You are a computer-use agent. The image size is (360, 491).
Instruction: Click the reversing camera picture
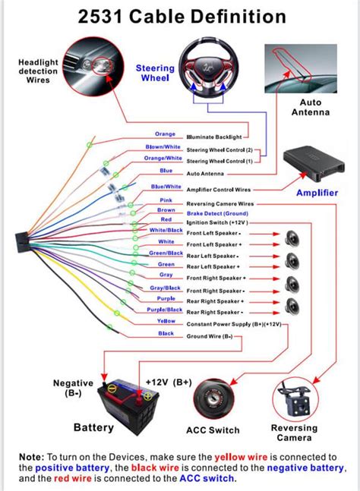pyautogui.click(x=295, y=394)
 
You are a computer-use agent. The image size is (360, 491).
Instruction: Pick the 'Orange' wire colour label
pyautogui.click(x=166, y=134)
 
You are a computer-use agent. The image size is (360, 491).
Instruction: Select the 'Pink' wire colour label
pyautogui.click(x=166, y=200)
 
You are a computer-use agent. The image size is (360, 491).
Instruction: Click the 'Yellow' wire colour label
pyautogui.click(x=166, y=321)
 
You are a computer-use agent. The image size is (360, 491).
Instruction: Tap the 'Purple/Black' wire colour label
pyautogui.click(x=165, y=310)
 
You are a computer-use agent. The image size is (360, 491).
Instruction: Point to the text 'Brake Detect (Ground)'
pyautogui.click(x=217, y=214)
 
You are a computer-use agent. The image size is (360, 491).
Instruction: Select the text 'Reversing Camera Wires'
pyautogui.click(x=220, y=204)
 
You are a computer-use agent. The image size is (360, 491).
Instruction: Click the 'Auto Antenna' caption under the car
pyautogui.click(x=310, y=107)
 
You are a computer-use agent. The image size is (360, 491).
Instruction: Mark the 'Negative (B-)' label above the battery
pyautogui.click(x=73, y=389)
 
